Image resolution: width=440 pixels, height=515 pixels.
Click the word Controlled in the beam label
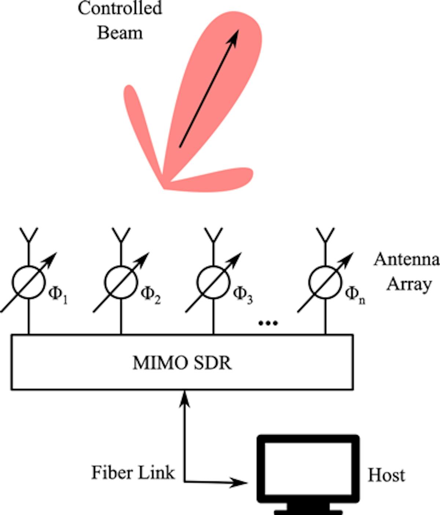pyautogui.click(x=120, y=8)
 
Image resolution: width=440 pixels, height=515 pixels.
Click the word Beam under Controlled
pyautogui.click(x=120, y=33)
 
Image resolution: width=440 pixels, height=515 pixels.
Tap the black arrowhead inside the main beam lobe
pyautogui.click(x=233, y=37)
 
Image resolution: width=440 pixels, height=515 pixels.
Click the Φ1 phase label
pyautogui.click(x=58, y=294)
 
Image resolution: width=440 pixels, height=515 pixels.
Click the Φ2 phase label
pyautogui.click(x=151, y=294)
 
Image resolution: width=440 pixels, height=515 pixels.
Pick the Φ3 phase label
pyautogui.click(x=243, y=294)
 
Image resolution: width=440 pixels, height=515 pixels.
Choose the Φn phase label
pyautogui.click(x=355, y=294)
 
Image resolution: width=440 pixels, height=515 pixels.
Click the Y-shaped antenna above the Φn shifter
pyautogui.click(x=325, y=235)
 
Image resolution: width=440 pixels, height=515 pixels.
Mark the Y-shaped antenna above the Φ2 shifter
pyautogui.click(x=121, y=235)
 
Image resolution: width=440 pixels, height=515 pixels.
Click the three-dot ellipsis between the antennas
pyautogui.click(x=268, y=323)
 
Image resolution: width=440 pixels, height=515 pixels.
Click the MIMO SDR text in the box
pyautogui.click(x=182, y=363)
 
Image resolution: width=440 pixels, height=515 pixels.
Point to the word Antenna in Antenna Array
pyautogui.click(x=406, y=260)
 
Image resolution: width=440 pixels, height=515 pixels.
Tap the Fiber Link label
pyautogui.click(x=133, y=472)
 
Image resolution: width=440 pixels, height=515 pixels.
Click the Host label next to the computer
pyautogui.click(x=386, y=475)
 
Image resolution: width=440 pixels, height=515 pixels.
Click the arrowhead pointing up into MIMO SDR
pyautogui.click(x=184, y=398)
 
